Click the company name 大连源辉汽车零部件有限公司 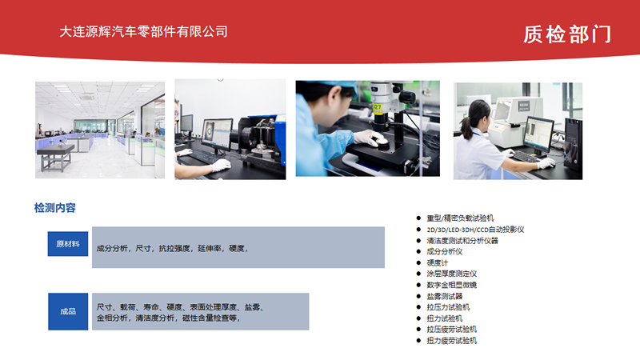click(143, 32)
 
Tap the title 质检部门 click(567, 34)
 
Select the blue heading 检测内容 click(55, 208)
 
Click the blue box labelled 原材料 click(68, 244)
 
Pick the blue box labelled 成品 click(68, 311)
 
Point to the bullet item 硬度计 click(437, 263)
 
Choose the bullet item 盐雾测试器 click(445, 296)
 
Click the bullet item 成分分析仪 click(445, 252)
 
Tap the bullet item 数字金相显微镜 click(452, 285)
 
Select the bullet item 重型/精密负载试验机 click(461, 218)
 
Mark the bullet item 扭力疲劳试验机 click(452, 341)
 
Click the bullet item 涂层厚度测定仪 click(452, 274)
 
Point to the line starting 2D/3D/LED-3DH click(475, 230)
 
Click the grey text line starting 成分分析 click(172, 248)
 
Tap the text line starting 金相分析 click(168, 318)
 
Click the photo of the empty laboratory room click(100, 130)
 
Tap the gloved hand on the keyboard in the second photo click(221, 165)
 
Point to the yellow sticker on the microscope click(377, 108)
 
